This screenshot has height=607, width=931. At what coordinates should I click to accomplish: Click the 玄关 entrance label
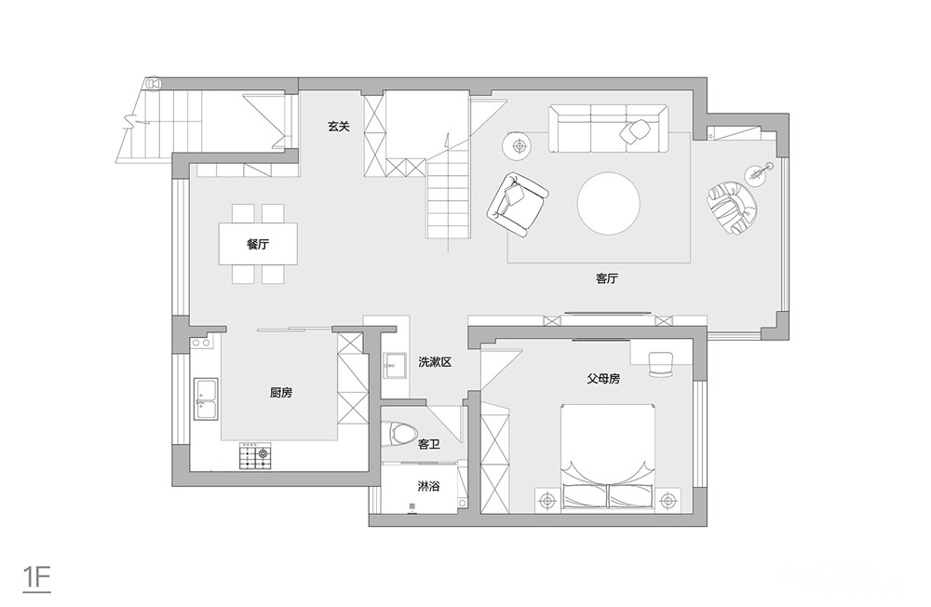click(x=339, y=126)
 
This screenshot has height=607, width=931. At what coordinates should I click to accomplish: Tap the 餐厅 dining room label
click(x=258, y=244)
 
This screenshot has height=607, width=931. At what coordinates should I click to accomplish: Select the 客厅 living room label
click(x=607, y=278)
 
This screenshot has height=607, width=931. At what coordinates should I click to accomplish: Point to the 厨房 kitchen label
click(x=281, y=392)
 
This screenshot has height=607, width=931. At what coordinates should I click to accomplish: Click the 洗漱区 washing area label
click(x=435, y=362)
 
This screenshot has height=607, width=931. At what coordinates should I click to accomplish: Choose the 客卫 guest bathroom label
click(x=428, y=444)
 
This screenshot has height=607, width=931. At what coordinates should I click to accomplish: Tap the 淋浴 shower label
click(x=428, y=486)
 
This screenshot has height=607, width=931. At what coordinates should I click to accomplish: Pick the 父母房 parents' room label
click(x=603, y=378)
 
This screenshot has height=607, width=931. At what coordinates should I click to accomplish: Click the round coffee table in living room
click(x=609, y=204)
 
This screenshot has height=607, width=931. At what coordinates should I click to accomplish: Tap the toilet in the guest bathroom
click(x=398, y=434)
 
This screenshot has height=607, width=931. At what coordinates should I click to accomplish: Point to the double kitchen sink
click(x=206, y=398)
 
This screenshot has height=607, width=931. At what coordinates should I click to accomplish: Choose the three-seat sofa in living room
click(x=609, y=128)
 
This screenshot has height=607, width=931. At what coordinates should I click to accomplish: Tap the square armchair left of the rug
click(x=517, y=204)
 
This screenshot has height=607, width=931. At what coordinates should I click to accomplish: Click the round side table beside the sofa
click(x=519, y=145)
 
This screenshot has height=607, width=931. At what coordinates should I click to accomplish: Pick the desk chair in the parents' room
click(x=660, y=363)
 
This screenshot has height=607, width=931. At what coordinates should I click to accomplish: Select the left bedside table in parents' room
click(x=547, y=500)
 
